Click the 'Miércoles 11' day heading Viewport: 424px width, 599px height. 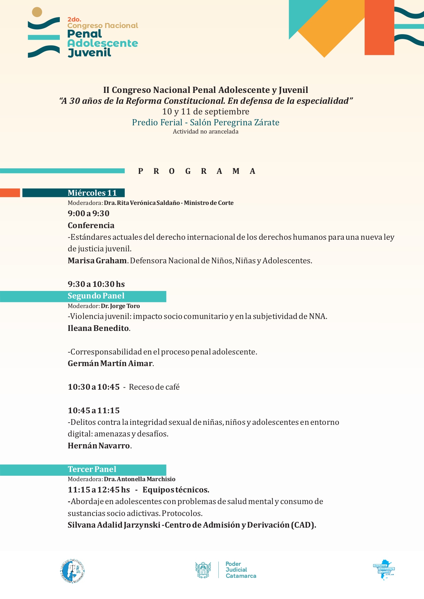click(92, 193)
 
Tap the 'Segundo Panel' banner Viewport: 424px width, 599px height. click(96, 296)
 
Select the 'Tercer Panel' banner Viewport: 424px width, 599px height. click(92, 470)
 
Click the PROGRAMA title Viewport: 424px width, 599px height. click(197, 171)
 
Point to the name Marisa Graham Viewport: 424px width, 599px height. click(97, 261)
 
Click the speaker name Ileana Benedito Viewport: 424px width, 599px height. click(98, 329)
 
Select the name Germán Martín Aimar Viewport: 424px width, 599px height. click(110, 364)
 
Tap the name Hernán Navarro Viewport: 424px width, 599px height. click(99, 446)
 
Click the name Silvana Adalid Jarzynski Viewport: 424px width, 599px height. click(114, 525)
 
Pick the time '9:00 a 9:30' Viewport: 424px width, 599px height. click(88, 214)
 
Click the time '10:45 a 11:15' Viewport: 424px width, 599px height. click(94, 411)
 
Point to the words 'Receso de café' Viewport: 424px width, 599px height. click(154, 387)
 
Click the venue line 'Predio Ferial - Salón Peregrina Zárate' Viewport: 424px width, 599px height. click(206, 123)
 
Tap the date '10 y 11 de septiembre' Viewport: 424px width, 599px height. click(206, 112)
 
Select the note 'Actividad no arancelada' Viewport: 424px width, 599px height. click(206, 132)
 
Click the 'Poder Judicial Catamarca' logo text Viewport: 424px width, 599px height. click(241, 570)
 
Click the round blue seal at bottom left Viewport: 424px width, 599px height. click(72, 571)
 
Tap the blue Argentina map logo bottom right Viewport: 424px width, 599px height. click(384, 570)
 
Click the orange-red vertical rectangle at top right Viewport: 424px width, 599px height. click(379, 27)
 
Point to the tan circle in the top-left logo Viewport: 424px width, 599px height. click(37, 12)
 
